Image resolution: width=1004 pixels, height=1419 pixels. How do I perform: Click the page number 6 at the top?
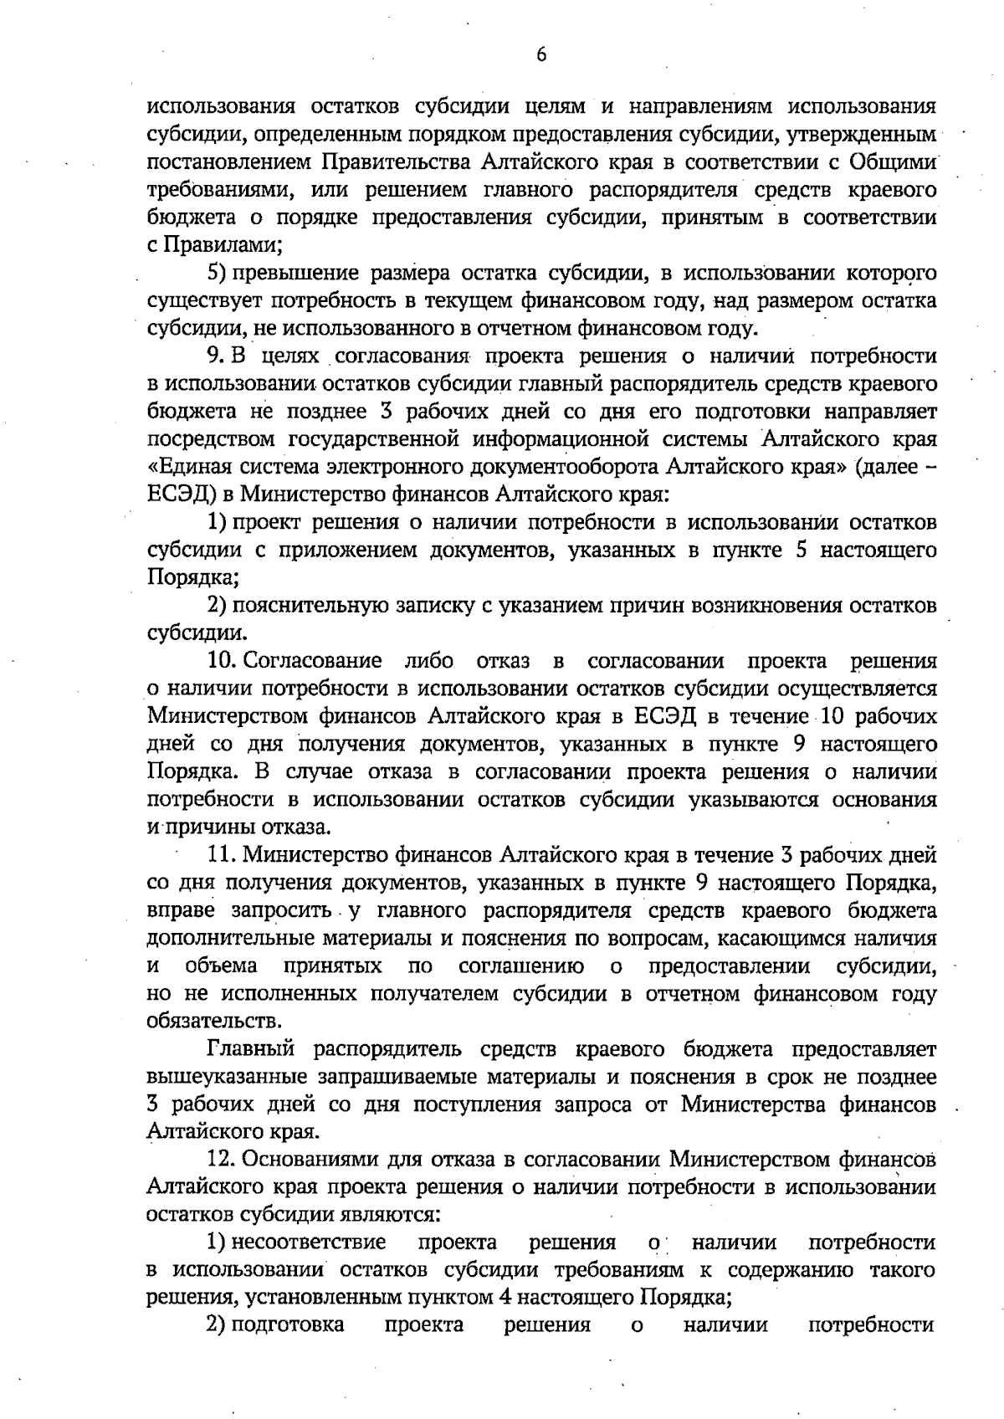[541, 55]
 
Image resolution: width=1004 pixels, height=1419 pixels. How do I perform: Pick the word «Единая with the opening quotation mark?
[187, 467]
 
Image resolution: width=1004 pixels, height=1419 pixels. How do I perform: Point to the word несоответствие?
[308, 1242]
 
